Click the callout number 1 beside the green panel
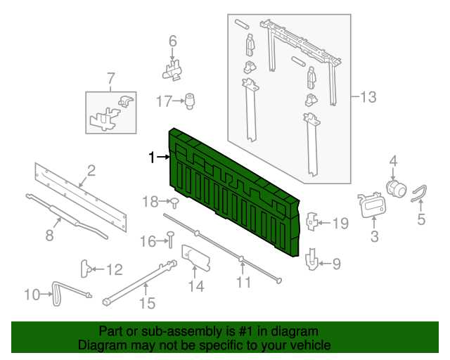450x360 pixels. point(152,157)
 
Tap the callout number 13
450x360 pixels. point(368,97)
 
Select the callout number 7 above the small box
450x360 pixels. point(111,79)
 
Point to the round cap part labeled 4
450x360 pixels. point(397,188)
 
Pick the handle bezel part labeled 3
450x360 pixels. point(372,205)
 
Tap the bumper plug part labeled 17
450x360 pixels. point(189,101)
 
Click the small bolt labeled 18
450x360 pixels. point(174,202)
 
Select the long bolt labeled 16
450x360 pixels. point(170,240)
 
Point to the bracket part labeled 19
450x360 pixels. point(311,221)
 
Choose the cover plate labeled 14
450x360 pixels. point(196,257)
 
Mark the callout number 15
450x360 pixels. point(147,303)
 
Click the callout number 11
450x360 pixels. point(244,282)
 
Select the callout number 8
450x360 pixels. point(50,236)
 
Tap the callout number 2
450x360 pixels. point(91,171)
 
